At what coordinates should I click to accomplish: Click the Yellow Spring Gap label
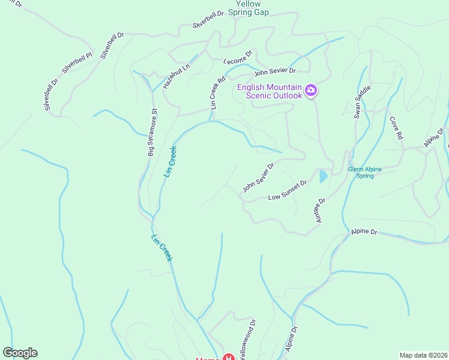pos(249,7)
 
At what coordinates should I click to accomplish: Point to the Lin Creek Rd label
pos(217,91)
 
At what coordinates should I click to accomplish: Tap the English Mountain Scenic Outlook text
pos(269,91)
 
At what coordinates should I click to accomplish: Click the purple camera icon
pos(311,91)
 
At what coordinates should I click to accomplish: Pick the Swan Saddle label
pos(363,102)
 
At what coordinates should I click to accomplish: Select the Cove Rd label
pos(396,128)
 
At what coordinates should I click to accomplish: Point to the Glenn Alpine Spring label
pos(365,173)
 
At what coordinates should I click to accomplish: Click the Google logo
pos(20,353)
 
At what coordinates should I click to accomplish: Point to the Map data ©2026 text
pos(423,355)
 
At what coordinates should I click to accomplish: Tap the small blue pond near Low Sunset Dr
pos(323,176)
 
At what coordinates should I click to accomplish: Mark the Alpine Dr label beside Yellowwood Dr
pos(292,339)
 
